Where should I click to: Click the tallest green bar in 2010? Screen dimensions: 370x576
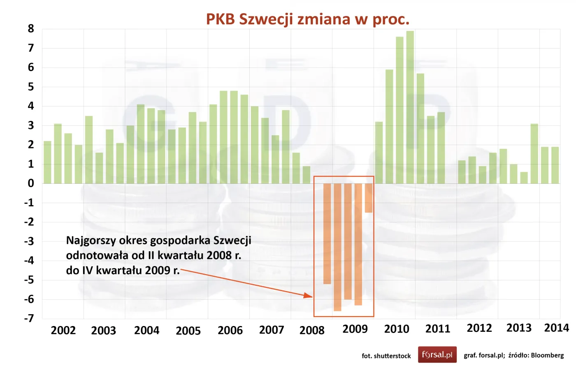(410, 107)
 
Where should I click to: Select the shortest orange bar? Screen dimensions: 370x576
(368, 198)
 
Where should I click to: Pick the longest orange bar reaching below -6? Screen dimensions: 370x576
(337, 247)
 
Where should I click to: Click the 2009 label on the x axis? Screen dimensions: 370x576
(355, 329)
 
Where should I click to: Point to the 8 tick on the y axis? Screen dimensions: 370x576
(31, 29)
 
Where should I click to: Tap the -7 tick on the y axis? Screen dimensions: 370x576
(29, 318)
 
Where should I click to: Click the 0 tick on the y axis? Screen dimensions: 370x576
(31, 183)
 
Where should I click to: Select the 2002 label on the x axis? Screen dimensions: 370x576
(63, 330)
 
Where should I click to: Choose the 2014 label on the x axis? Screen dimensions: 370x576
(556, 328)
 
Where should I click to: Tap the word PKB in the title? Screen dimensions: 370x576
(220, 19)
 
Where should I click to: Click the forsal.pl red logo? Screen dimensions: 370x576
(437, 354)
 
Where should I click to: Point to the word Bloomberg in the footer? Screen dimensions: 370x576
(547, 355)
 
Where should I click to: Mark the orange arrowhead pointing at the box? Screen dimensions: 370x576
(308, 295)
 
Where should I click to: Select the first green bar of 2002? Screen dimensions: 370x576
(47, 162)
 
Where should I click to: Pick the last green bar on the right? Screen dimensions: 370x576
(555, 165)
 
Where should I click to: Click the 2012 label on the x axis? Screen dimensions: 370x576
(479, 328)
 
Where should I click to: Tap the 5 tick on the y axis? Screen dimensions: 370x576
(31, 87)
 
